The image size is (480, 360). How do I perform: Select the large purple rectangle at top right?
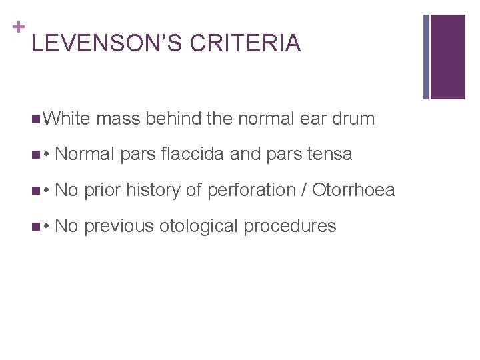[447, 57]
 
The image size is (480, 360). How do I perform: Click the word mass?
[118, 119]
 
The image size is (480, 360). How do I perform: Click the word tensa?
[327, 155]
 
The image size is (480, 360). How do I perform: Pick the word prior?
[103, 191]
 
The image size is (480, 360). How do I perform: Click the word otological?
[200, 227]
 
